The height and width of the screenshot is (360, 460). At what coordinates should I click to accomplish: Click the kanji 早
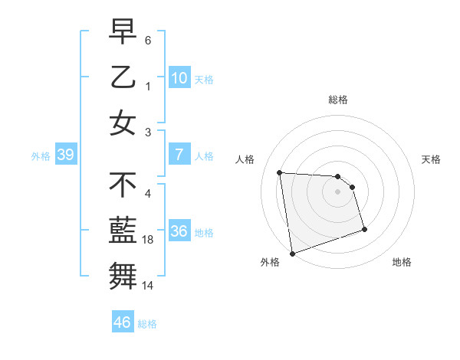click(x=123, y=32)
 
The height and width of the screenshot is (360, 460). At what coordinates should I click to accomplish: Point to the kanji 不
click(x=123, y=185)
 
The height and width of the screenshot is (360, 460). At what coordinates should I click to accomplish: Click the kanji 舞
click(x=123, y=275)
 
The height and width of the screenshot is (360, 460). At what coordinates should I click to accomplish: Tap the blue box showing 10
click(x=179, y=77)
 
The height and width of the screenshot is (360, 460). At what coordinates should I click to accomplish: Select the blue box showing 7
click(x=179, y=155)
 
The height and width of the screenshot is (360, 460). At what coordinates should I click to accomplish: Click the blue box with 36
click(x=179, y=231)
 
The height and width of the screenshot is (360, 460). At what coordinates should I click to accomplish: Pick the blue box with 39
click(x=65, y=155)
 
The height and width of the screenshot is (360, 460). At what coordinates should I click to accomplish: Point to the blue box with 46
click(x=123, y=322)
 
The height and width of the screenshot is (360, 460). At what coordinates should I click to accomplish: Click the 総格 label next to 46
click(x=147, y=323)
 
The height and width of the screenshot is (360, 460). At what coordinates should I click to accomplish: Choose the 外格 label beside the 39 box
click(x=41, y=155)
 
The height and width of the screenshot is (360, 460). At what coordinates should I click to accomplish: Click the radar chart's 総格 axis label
click(x=338, y=100)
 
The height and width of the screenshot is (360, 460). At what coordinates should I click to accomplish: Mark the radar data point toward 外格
click(x=292, y=253)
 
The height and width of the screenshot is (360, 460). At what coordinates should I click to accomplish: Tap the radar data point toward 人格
click(x=280, y=172)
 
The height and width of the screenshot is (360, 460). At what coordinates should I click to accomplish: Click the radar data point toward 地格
click(x=364, y=229)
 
